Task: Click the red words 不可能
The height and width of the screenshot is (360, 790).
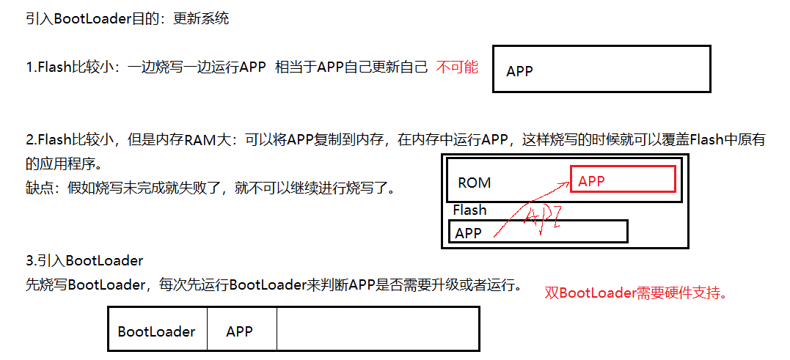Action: click(x=457, y=67)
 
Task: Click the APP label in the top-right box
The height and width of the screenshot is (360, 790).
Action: click(x=519, y=71)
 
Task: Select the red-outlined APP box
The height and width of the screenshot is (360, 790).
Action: click(x=623, y=179)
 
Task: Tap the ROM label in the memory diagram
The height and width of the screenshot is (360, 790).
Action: click(x=474, y=183)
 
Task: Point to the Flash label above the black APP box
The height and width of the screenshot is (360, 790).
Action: click(x=469, y=210)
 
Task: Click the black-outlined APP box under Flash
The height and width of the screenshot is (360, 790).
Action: click(x=538, y=232)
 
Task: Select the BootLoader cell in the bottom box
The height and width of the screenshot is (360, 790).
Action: click(x=157, y=331)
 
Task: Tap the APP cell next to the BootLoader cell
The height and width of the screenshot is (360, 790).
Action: click(x=240, y=331)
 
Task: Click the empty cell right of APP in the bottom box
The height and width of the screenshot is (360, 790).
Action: click(x=377, y=329)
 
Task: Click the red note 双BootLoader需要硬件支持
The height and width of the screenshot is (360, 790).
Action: click(x=636, y=293)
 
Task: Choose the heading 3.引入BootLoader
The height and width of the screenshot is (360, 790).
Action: click(x=84, y=260)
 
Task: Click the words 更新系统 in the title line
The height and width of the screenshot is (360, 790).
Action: click(x=201, y=19)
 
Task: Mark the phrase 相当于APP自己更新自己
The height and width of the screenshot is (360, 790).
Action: click(x=351, y=67)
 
